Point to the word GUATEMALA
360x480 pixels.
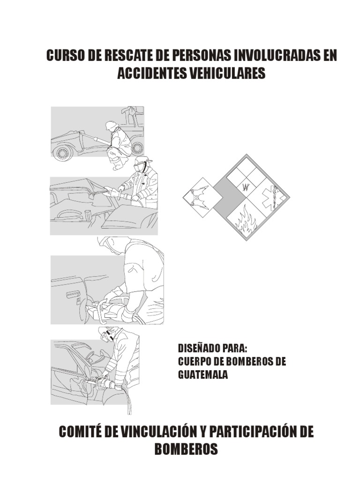[x=203, y=375]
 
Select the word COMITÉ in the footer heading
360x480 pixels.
[x=80, y=432]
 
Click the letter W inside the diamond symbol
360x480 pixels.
[x=246, y=188]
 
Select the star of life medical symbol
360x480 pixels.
[x=272, y=198]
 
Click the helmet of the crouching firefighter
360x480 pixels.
[x=111, y=125]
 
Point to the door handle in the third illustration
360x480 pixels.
[x=72, y=294]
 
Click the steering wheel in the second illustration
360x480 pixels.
[x=69, y=215]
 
